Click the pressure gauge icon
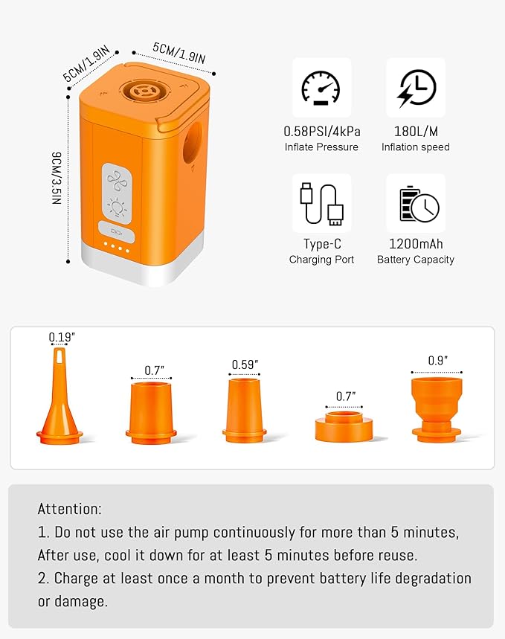[321, 88]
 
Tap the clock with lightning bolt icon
[415, 88]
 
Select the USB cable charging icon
[321, 203]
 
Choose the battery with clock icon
[415, 203]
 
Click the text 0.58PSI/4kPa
[321, 131]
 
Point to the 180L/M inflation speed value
[415, 131]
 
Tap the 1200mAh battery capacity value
[415, 244]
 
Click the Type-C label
[321, 244]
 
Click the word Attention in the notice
[69, 510]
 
